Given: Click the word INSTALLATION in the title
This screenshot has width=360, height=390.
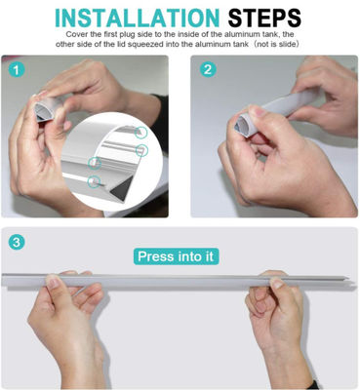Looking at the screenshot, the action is (x=137, y=18).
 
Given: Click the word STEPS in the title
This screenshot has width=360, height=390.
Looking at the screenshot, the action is (x=264, y=18).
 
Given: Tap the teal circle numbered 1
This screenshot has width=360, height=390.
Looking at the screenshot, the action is (x=17, y=70).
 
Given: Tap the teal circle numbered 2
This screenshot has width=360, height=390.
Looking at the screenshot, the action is (x=208, y=69).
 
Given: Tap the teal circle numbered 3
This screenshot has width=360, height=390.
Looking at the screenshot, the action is (x=17, y=242).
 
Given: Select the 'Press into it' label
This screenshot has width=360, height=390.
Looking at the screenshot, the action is (x=176, y=256).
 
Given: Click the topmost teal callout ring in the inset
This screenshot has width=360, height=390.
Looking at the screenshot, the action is (x=140, y=133).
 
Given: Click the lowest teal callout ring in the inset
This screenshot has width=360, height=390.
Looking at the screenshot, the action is (x=94, y=181).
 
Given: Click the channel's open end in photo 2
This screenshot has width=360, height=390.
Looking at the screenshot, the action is (x=241, y=126).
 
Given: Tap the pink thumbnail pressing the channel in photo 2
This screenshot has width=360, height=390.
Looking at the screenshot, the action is (x=260, y=113).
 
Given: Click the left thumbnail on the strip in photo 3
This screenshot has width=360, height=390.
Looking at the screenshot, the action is (x=53, y=282).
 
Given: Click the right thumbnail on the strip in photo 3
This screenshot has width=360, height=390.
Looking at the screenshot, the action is (x=277, y=284).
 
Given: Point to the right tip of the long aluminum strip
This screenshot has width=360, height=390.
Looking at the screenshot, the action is (x=349, y=279).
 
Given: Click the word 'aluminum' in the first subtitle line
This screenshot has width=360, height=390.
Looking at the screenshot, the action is (x=247, y=34).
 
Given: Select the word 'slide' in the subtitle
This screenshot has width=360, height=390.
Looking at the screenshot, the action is (x=287, y=45).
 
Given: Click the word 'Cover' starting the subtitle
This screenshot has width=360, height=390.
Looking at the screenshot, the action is (x=74, y=34).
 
